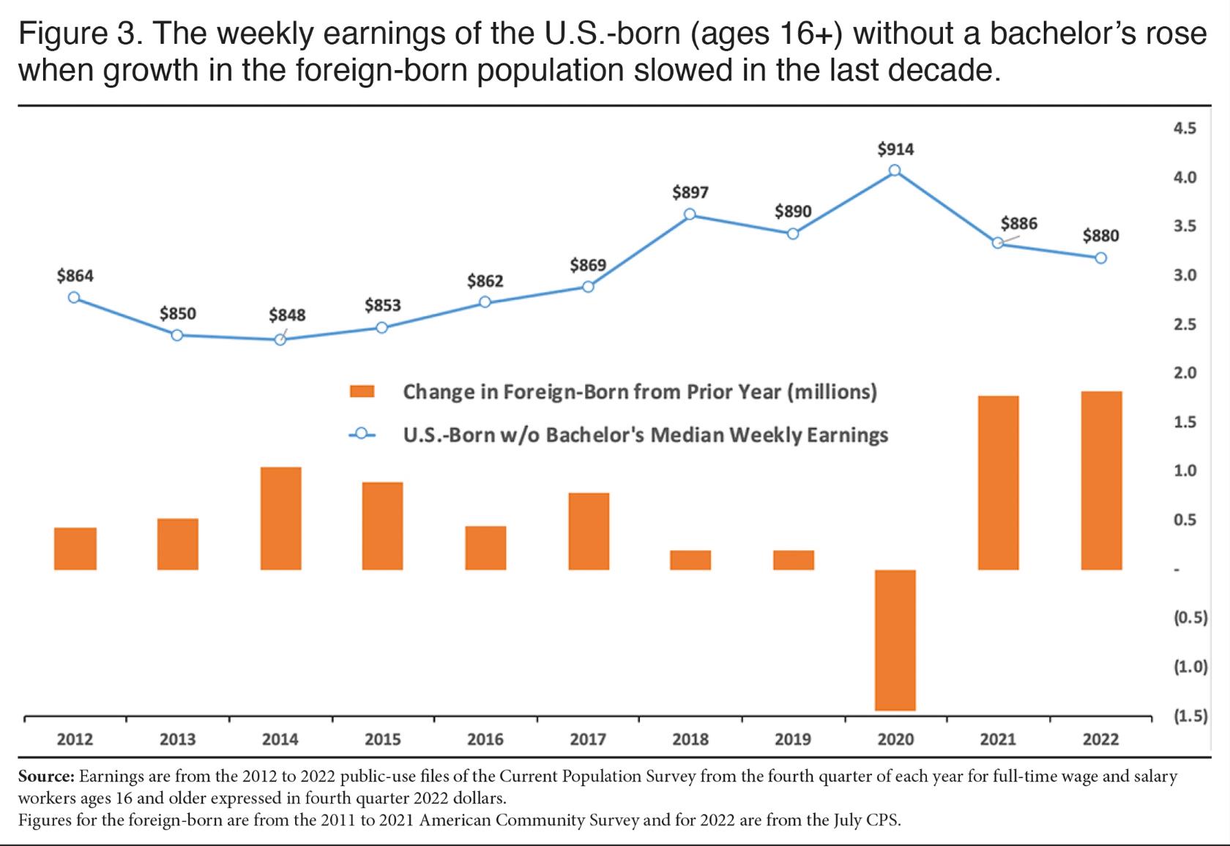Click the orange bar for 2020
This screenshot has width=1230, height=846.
[895, 640]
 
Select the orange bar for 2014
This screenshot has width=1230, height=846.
[280, 518]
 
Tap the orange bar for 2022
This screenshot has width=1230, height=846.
[1101, 480]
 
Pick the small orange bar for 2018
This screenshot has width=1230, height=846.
[690, 560]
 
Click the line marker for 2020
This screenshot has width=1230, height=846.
[895, 171]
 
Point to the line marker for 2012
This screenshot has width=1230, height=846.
[74, 298]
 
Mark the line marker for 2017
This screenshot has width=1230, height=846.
[588, 287]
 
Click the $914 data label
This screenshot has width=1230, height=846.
[895, 149]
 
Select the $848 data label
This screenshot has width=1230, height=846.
[287, 315]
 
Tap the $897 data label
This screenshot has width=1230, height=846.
[690, 192]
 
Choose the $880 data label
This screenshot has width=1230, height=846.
[1100, 236]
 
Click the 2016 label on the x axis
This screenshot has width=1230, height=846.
[485, 739]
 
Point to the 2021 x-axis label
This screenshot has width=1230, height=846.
[998, 739]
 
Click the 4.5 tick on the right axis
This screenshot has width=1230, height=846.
[1185, 128]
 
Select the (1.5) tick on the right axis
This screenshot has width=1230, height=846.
[1190, 716]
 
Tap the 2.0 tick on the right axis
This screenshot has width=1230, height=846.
[1185, 373]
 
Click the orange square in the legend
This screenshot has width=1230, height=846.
[362, 392]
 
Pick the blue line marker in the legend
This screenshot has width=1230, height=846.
[362, 435]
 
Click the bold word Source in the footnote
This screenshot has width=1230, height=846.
[45, 776]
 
